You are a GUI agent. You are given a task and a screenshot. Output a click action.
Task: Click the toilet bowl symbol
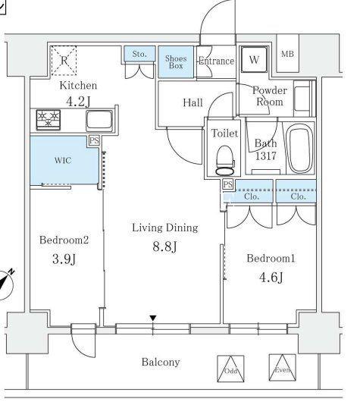[225, 161]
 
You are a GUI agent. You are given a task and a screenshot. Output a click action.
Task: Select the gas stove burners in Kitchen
[49, 120]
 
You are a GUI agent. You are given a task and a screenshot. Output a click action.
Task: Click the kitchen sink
[99, 121]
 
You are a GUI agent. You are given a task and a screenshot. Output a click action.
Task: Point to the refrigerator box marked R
[64, 61]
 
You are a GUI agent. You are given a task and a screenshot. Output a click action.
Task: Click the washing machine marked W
[254, 60]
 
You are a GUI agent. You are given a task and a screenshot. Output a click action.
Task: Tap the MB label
[287, 54]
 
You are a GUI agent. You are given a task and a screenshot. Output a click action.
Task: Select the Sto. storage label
[139, 54]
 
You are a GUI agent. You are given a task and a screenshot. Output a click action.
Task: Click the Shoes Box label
[176, 61]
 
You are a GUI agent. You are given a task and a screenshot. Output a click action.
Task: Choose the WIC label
[63, 161]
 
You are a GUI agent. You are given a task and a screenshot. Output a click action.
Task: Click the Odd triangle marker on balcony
[230, 369]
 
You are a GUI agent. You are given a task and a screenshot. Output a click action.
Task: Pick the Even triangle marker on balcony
[283, 368]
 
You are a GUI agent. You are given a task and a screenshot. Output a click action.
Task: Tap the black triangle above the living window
[153, 318]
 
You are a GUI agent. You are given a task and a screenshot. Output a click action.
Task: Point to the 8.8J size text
[164, 247]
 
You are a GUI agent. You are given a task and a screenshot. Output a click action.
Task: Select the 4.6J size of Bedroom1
[271, 277]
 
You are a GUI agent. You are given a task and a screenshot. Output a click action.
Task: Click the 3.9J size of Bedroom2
[64, 259]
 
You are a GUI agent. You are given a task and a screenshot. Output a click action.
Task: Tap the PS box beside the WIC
[94, 141]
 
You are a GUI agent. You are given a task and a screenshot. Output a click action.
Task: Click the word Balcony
[161, 362]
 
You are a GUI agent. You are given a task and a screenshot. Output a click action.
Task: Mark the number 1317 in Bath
[266, 155]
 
